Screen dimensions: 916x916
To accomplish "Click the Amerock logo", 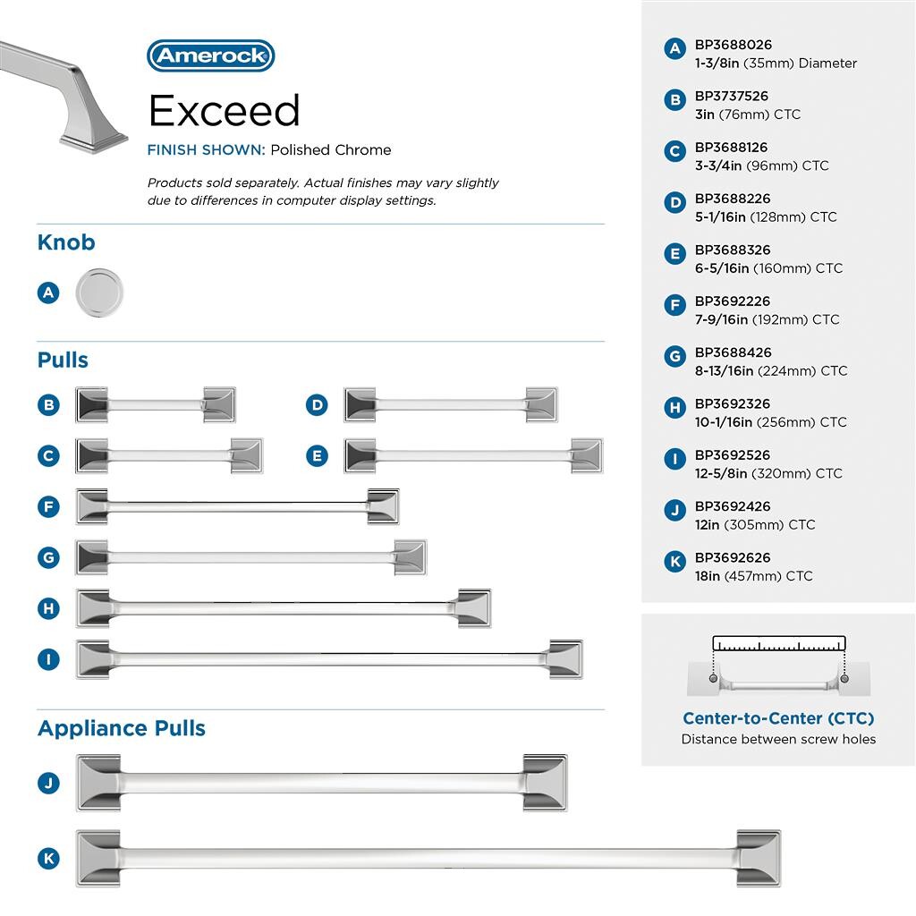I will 210,55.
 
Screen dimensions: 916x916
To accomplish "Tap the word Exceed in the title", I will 224,111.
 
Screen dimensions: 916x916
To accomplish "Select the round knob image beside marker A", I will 99,293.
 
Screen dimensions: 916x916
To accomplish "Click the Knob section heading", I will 66,242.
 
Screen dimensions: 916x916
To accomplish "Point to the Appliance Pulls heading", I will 122,728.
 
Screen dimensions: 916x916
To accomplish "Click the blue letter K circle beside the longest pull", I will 48,859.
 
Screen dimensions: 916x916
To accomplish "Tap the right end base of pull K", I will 759,858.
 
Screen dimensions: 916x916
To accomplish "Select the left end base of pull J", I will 98,783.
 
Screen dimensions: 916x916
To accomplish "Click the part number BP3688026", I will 733,45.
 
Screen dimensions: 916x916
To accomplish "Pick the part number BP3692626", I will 733,557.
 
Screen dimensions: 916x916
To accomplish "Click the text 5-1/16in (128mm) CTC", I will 766,216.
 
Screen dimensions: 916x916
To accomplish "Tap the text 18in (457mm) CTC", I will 753,576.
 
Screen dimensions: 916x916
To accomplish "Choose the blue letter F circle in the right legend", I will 675,305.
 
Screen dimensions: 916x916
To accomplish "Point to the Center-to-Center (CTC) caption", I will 778,718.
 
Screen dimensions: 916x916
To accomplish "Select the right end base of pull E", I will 586,455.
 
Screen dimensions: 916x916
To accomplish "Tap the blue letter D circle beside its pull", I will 317,405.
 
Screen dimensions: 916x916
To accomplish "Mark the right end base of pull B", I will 219,404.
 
